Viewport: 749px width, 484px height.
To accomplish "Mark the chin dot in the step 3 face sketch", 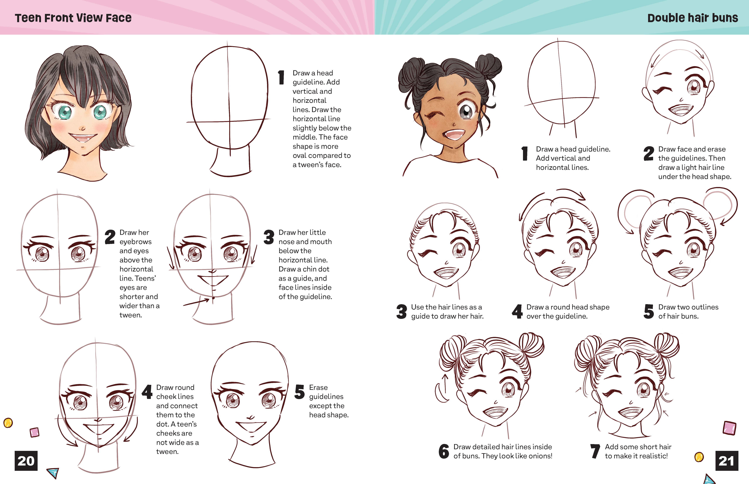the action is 214,298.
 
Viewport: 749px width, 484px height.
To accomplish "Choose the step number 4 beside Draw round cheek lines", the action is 147,392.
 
